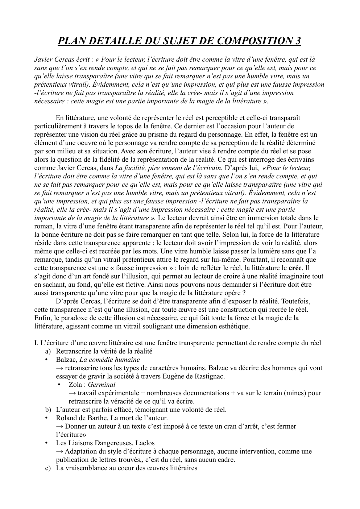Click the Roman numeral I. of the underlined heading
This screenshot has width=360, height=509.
tap(36, 343)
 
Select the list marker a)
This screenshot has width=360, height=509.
tap(48, 351)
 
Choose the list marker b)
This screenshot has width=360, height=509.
tap(48, 410)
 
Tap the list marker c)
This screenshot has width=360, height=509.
tap(48, 468)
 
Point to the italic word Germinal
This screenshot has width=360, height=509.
tap(102, 385)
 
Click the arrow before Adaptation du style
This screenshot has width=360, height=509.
tap(60, 451)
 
